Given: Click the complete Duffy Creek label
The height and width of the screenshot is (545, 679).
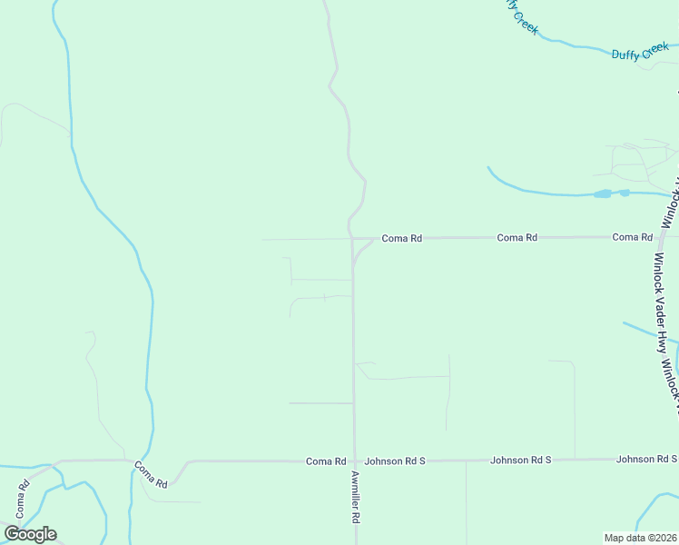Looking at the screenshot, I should pyautogui.click(x=640, y=53).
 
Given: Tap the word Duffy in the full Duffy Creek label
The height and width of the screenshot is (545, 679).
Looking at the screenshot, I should pyautogui.click(x=626, y=55).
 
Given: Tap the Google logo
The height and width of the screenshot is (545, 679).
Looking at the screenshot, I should pyautogui.click(x=30, y=534).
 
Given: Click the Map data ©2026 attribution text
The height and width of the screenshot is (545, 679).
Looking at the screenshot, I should pyautogui.click(x=641, y=538).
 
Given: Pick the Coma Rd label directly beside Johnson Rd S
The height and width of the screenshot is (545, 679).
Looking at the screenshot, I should pyautogui.click(x=326, y=461).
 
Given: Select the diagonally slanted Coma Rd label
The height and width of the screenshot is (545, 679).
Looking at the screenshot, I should pyautogui.click(x=151, y=475).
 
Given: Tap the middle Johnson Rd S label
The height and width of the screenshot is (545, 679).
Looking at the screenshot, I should pyautogui.click(x=521, y=461).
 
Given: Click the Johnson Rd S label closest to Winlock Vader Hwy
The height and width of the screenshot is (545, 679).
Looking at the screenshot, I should pyautogui.click(x=646, y=460).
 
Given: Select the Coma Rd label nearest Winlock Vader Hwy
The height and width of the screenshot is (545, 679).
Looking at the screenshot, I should pyautogui.click(x=633, y=237).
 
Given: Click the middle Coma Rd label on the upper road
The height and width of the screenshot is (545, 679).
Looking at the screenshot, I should pyautogui.click(x=517, y=237).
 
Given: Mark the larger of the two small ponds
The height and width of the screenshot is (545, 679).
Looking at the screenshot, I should pyautogui.click(x=602, y=193).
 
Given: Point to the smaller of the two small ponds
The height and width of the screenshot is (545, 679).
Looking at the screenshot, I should pyautogui.click(x=625, y=193).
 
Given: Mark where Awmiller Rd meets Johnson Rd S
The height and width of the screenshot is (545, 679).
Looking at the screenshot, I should pyautogui.click(x=354, y=461).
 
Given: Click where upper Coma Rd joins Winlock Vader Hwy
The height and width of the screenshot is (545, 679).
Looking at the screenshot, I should pyautogui.click(x=661, y=236).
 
